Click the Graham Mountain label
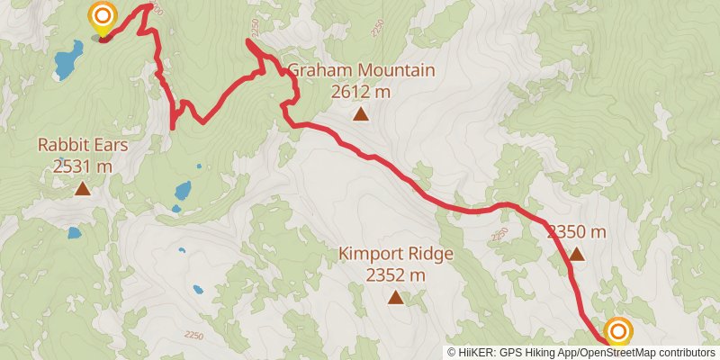click(x=360, y=70)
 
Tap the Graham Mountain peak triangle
click(x=360, y=113)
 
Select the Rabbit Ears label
click(x=83, y=145)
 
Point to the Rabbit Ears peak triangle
click(x=83, y=188)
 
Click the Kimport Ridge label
click(x=396, y=255)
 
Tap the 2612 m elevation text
click(x=360, y=91)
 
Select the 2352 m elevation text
click(x=396, y=275)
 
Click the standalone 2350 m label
click(x=577, y=232)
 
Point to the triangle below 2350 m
click(x=577, y=255)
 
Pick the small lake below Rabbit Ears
click(x=74, y=232)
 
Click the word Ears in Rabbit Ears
click(x=112, y=145)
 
